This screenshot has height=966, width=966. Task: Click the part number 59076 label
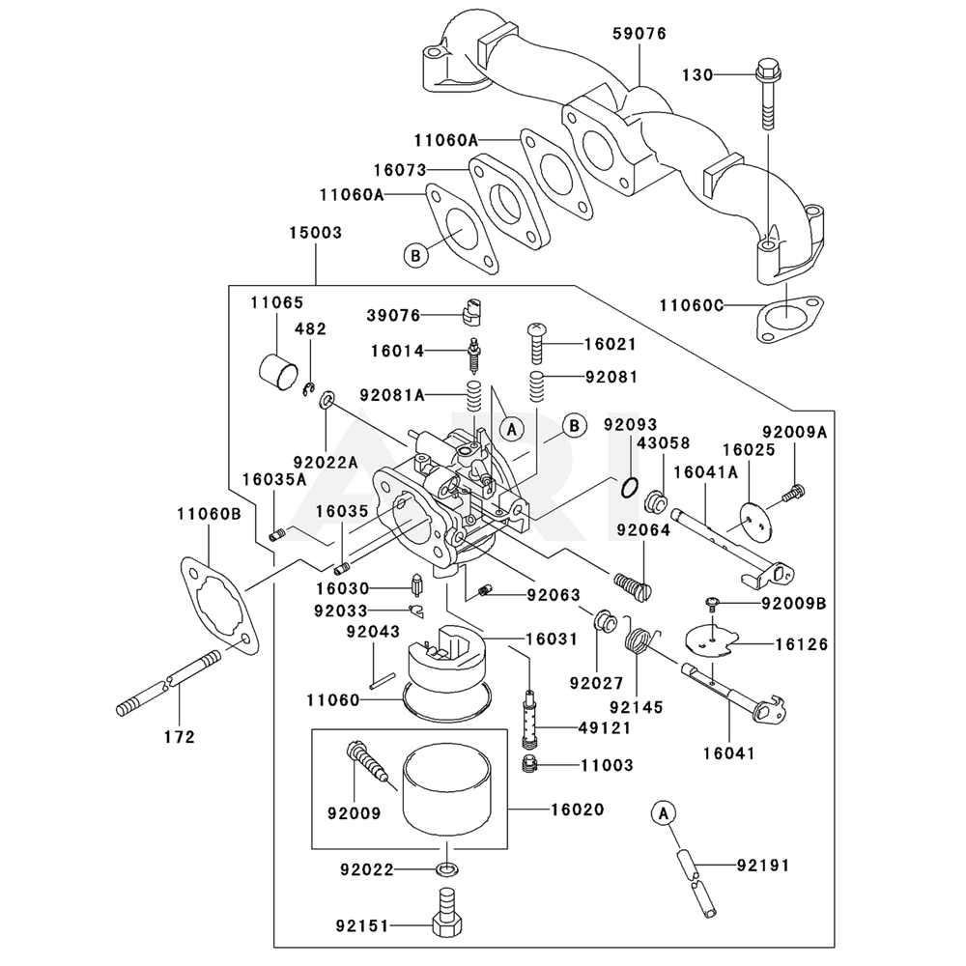coord(639,34)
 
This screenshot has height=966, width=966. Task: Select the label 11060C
coord(692,306)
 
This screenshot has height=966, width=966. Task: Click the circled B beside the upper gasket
coord(415,256)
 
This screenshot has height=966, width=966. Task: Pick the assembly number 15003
coord(315,234)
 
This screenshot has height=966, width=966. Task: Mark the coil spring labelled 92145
coord(640,642)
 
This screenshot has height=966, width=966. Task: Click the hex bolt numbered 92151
coord(445,912)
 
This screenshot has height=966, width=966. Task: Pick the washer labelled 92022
coord(445,868)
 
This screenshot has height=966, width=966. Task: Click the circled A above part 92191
coord(661,814)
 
